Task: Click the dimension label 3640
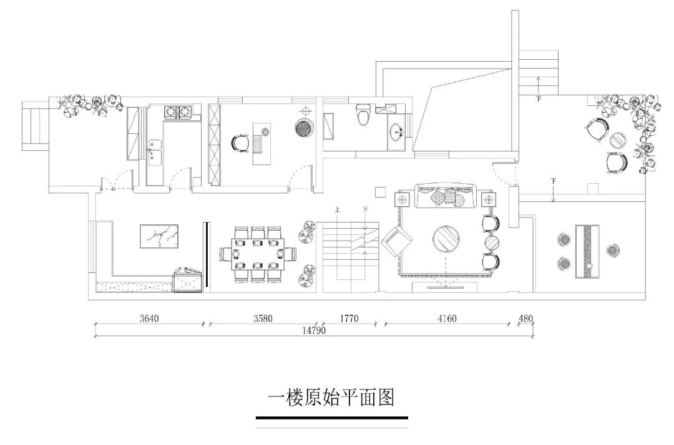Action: click(x=149, y=318)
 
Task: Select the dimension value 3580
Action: click(x=263, y=318)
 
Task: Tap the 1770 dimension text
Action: click(x=349, y=318)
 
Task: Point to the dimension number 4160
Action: click(x=447, y=318)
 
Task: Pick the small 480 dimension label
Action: click(x=526, y=318)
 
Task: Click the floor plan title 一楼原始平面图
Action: click(x=331, y=397)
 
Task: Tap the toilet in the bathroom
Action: click(x=363, y=115)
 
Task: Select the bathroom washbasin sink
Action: click(x=396, y=132)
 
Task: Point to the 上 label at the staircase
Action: click(x=337, y=210)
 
